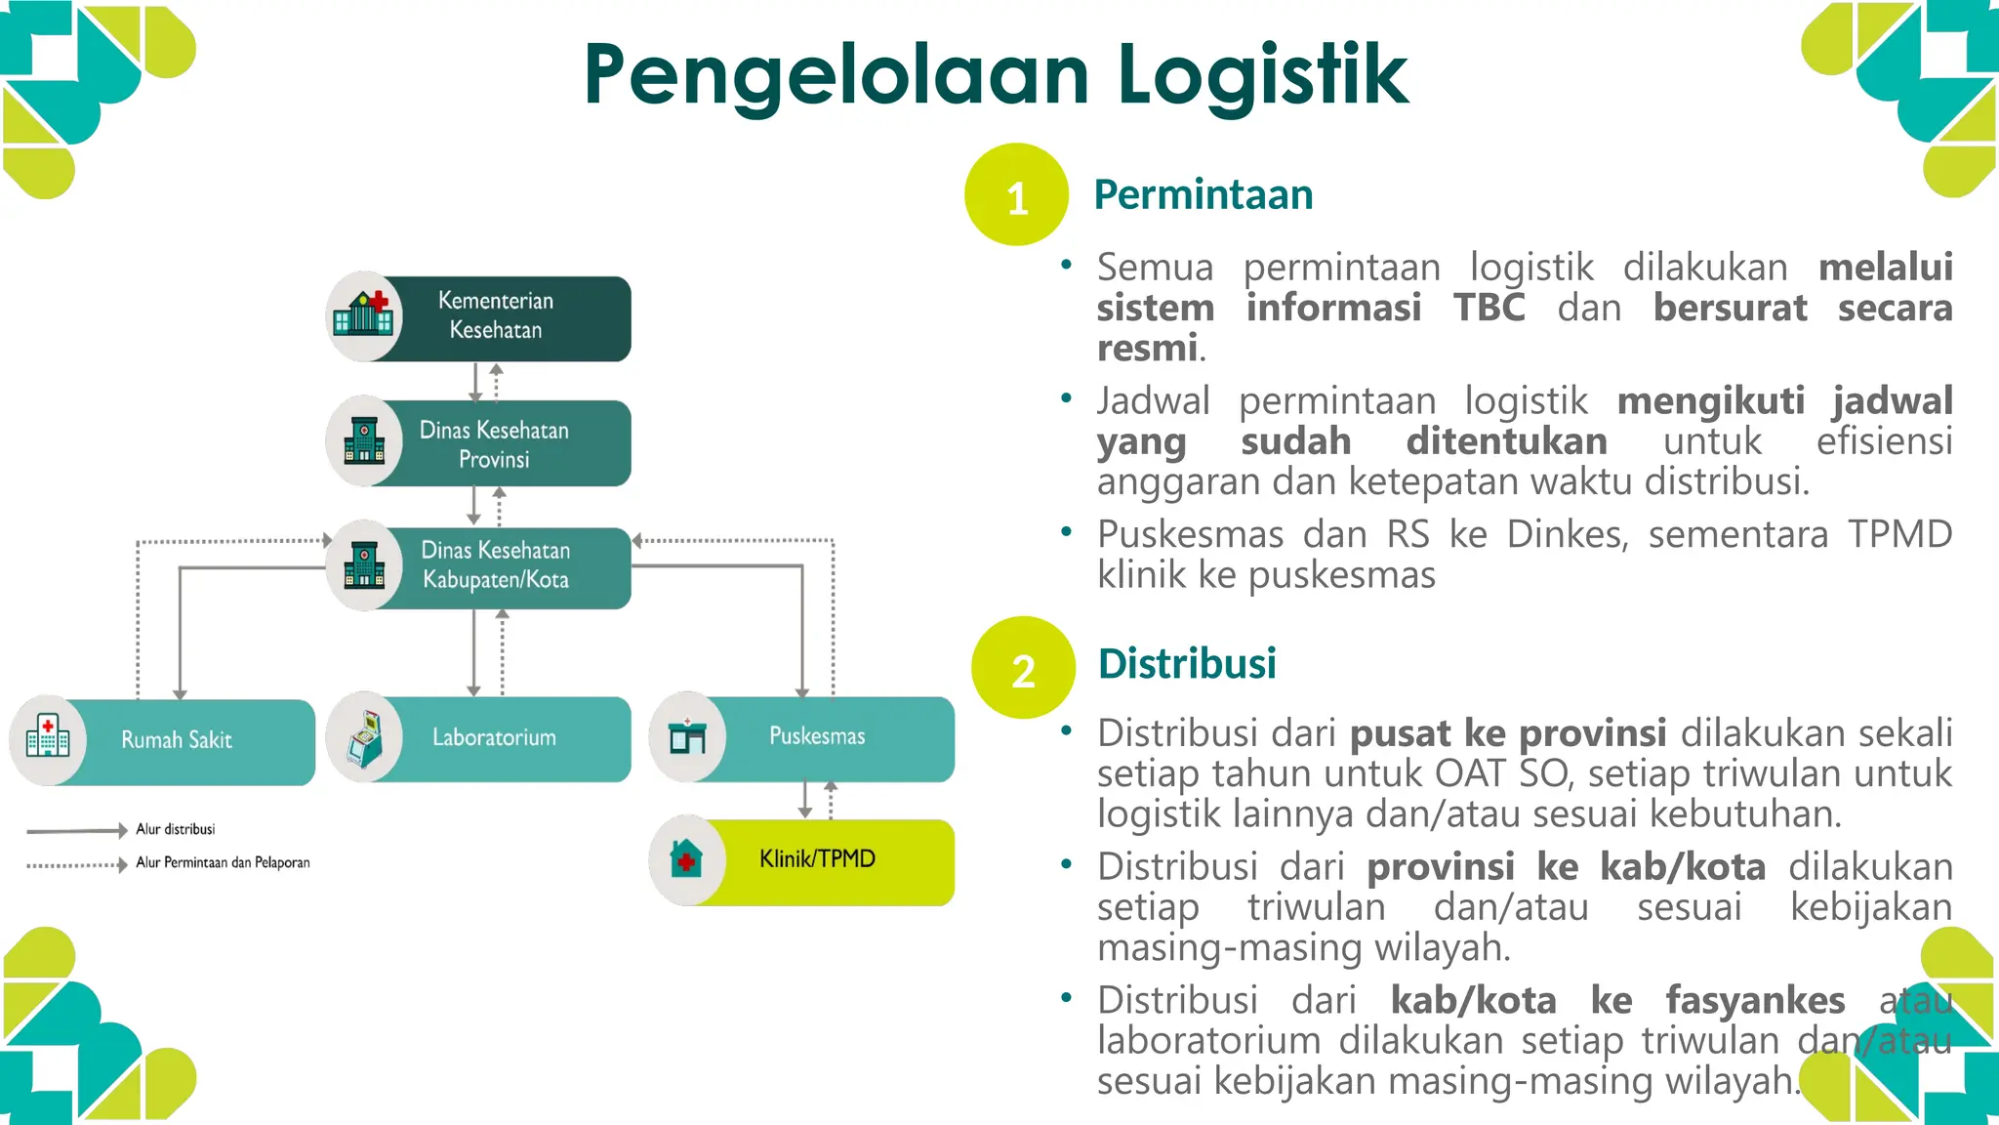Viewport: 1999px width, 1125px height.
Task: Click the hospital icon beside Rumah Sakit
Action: click(48, 738)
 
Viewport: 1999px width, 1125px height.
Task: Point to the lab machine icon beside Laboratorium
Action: click(365, 738)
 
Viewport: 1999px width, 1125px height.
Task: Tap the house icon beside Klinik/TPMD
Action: click(687, 859)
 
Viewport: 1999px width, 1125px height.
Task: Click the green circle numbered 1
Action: click(1016, 195)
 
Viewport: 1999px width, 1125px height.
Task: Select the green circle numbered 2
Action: click(1023, 669)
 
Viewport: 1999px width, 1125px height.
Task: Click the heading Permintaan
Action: click(1203, 194)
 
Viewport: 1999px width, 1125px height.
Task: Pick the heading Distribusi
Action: click(1187, 664)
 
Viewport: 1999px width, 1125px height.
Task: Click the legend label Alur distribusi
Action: click(176, 829)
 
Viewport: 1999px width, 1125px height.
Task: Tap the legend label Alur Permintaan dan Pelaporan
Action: click(223, 862)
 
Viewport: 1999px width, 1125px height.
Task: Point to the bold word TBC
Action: click(1489, 308)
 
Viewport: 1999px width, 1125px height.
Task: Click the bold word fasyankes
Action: click(1755, 1000)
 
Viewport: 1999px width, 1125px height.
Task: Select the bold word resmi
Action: click(1147, 348)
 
